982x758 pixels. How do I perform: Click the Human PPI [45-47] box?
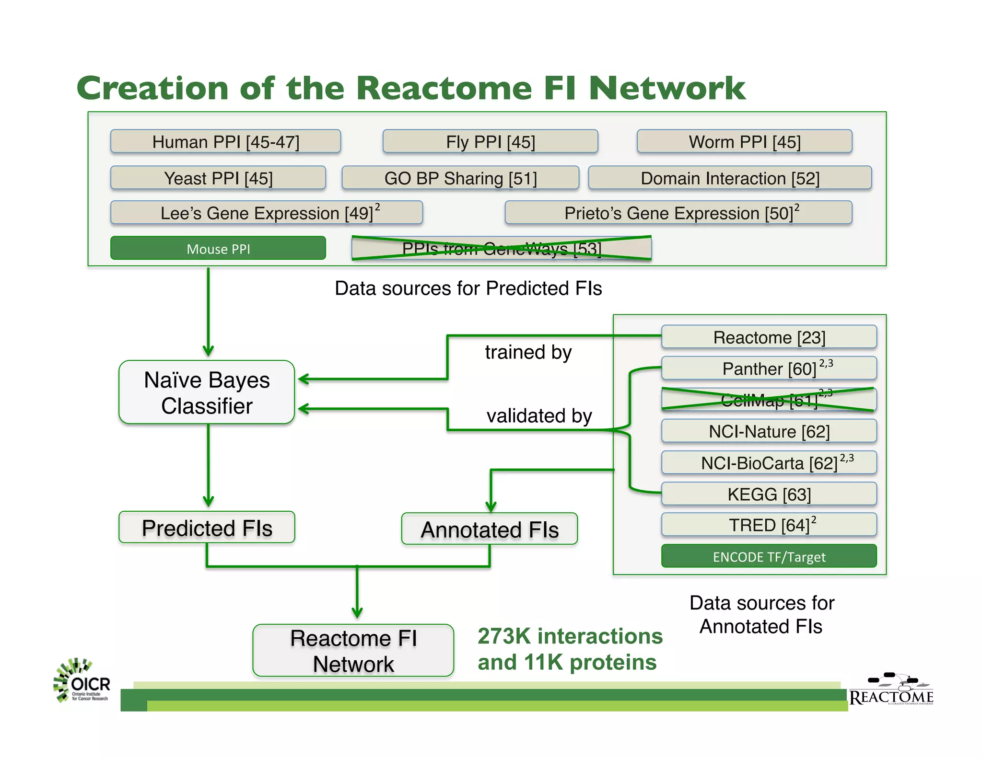225,142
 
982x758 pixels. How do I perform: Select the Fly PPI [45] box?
490,142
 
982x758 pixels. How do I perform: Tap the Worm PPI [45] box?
744,142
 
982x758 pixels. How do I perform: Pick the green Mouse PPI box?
218,249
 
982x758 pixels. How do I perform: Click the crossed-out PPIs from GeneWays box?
501,248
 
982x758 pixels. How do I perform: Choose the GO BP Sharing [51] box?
460,178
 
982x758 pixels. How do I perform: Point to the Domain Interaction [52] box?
730,178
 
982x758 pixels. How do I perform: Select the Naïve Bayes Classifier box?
207,392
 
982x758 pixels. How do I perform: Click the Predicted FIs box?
207,528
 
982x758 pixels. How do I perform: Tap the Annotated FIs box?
489,529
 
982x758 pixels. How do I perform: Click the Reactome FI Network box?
353,651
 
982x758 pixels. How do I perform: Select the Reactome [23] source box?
769,337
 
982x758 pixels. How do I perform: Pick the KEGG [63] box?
769,494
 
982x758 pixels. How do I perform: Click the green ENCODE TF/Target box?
769,556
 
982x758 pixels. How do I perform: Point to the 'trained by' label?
528,352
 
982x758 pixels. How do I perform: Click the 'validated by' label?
539,415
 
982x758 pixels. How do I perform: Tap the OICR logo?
82,681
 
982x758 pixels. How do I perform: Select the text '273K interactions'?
570,636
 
